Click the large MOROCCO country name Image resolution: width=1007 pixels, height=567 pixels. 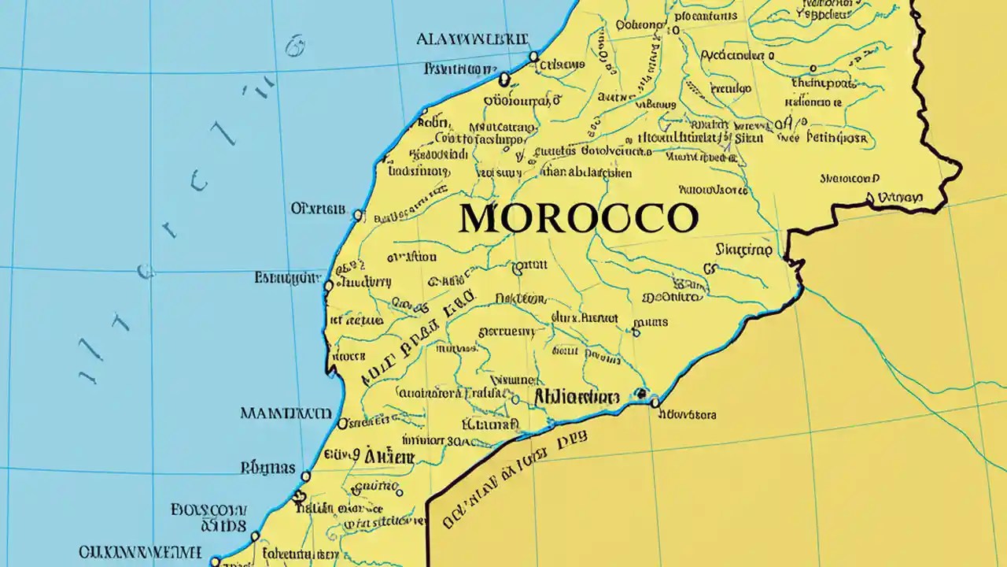click(578, 218)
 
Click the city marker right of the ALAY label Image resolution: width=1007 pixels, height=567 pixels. click(534, 56)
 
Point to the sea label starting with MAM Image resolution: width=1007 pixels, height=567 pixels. click(285, 413)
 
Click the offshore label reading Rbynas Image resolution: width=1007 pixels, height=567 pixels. click(267, 468)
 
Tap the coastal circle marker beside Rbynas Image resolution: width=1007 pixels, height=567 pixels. click(305, 476)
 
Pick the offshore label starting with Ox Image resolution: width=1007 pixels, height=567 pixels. click(318, 209)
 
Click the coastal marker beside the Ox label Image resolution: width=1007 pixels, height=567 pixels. click(358, 214)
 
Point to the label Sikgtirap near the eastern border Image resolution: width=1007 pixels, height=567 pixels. click(743, 250)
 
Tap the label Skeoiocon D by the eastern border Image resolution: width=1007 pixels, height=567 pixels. click(850, 179)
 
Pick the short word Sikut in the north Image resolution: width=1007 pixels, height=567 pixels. click(747, 137)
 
